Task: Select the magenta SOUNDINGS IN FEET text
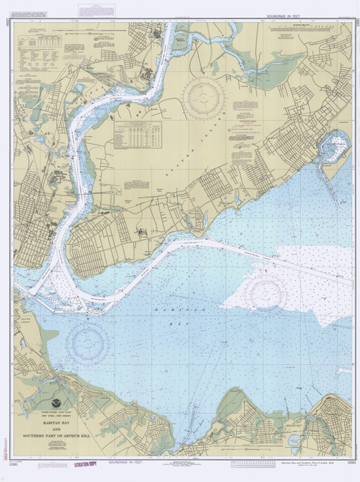tap(115, 462)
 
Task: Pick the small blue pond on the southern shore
tap(293, 440)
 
